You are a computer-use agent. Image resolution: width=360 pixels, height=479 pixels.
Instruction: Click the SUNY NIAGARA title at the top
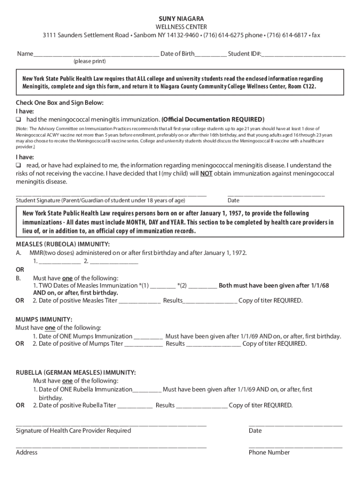click(180, 18)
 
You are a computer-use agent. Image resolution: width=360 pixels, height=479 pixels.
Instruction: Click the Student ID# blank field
click(304, 54)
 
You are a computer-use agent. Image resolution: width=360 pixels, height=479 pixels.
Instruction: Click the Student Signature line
click(111, 194)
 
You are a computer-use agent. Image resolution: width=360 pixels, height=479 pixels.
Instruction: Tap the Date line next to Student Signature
click(276, 194)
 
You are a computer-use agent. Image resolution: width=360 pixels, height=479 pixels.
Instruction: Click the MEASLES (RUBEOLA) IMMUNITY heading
click(63, 244)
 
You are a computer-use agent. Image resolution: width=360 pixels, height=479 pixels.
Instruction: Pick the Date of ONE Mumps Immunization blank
click(148, 336)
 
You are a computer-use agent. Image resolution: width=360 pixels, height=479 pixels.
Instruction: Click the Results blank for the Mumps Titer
click(214, 344)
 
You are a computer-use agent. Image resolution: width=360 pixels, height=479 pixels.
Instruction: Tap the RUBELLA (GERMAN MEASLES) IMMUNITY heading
click(76, 372)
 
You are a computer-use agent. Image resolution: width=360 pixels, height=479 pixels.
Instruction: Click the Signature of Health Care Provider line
click(111, 425)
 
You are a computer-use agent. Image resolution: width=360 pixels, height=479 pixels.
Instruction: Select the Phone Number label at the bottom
click(269, 452)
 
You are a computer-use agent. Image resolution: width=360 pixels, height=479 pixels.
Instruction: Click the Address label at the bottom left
click(27, 452)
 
